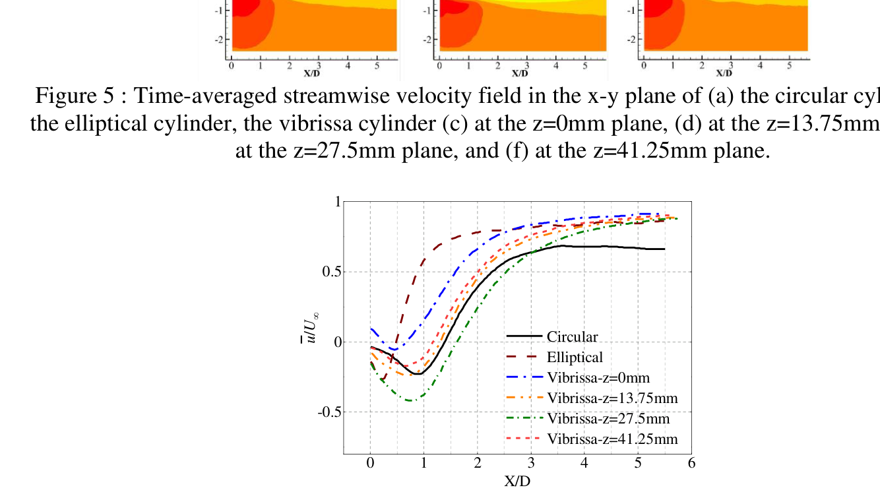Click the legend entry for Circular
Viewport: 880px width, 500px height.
click(572, 337)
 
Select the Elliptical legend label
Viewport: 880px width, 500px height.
click(575, 358)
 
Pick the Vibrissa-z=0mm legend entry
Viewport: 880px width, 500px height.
click(598, 378)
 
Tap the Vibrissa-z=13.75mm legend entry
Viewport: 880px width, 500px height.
click(612, 398)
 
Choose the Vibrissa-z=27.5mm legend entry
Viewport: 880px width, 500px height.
click(608, 419)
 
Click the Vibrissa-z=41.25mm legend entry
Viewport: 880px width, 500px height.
click(612, 439)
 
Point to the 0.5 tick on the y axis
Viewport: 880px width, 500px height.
click(330, 272)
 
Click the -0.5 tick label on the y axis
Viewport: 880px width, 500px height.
click(328, 412)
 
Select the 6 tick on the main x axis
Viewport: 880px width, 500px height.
click(691, 463)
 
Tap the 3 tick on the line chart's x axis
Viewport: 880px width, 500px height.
click(530, 463)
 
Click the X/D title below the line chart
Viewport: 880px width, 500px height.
click(517, 481)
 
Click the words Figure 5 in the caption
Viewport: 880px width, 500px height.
click(75, 96)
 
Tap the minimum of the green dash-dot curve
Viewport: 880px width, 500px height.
click(410, 400)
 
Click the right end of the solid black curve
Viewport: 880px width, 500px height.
click(664, 249)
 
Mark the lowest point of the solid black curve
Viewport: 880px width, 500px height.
click(418, 374)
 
